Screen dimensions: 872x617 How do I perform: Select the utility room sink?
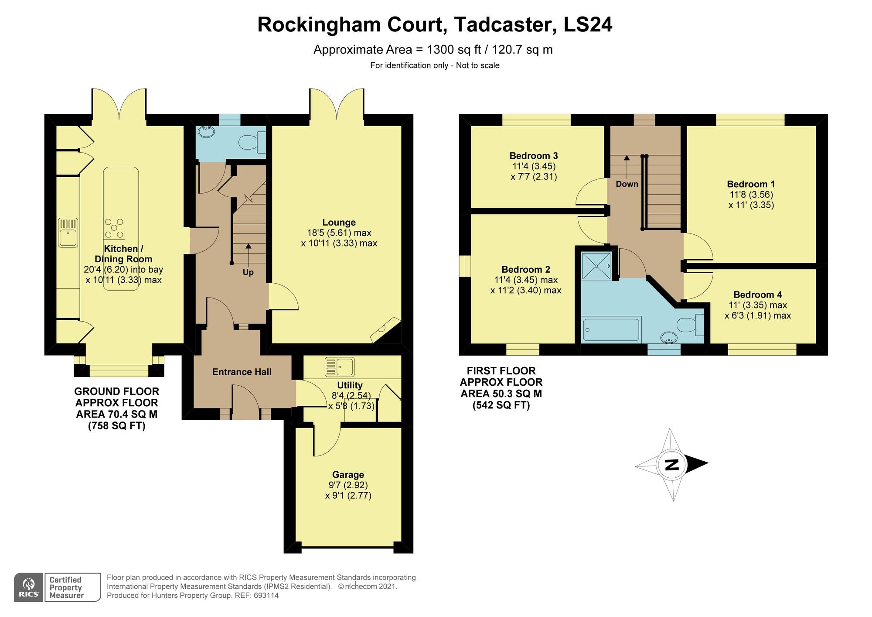pos(340,367)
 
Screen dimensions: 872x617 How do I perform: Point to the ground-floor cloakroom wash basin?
pos(205,131)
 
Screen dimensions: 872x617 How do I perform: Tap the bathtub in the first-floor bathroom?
pos(611,330)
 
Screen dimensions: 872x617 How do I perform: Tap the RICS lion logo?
pos(29,587)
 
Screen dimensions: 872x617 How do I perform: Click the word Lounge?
pos(339,223)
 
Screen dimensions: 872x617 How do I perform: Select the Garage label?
pos(348,475)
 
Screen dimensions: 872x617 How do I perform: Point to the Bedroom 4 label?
pos(758,295)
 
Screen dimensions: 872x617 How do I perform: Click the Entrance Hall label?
pos(242,372)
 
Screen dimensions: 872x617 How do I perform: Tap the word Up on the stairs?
pos(248,272)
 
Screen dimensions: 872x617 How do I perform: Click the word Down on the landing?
pos(627,184)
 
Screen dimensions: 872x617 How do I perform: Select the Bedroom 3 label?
pos(534,156)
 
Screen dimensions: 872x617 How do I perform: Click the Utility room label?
pos(350,385)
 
